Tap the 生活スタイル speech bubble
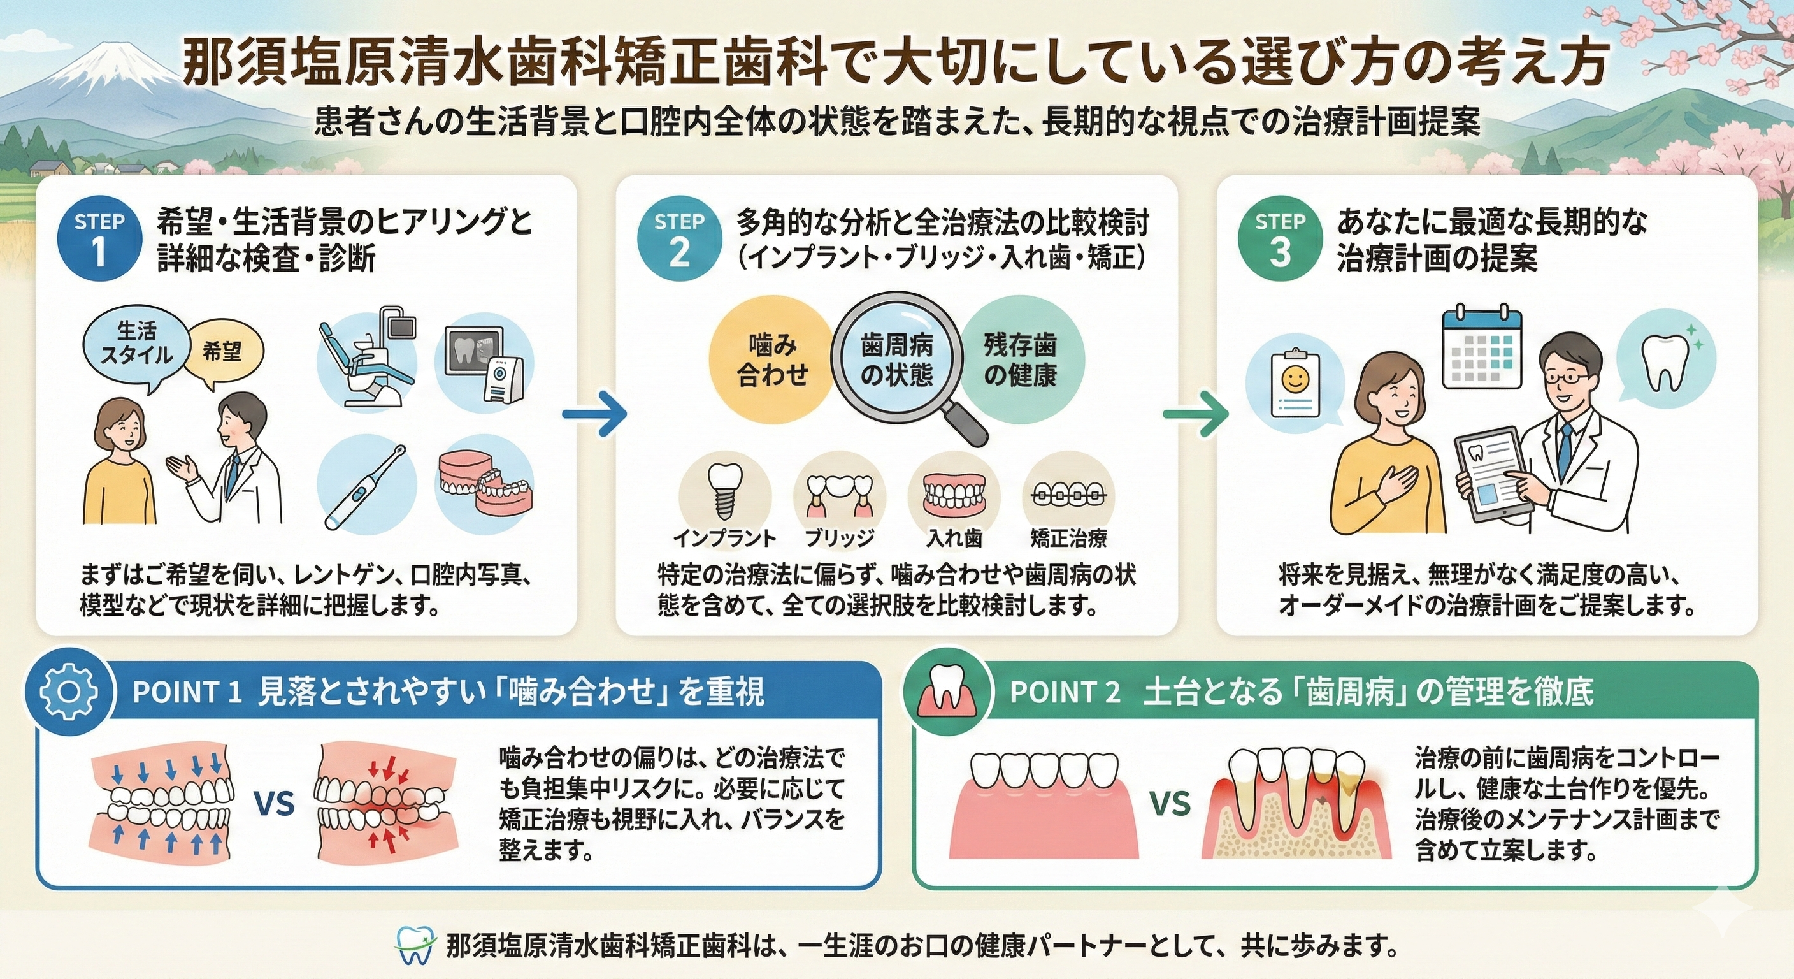click(x=136, y=345)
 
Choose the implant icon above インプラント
click(x=724, y=493)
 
